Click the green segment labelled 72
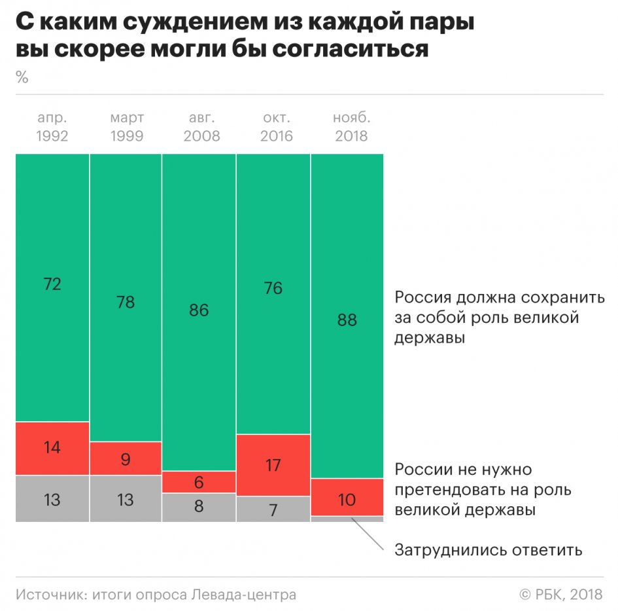(x=52, y=288)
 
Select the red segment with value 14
(x=52, y=449)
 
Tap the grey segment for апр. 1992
(x=52, y=499)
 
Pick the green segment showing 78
(x=126, y=298)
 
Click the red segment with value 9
(x=126, y=458)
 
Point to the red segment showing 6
(x=199, y=483)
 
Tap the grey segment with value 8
(x=199, y=508)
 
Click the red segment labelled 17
(x=273, y=466)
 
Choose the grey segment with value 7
(x=273, y=509)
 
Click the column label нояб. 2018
(x=351, y=127)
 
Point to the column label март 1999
(x=127, y=127)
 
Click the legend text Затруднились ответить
(x=488, y=549)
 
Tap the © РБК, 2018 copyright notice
(x=560, y=595)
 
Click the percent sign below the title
(x=22, y=78)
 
